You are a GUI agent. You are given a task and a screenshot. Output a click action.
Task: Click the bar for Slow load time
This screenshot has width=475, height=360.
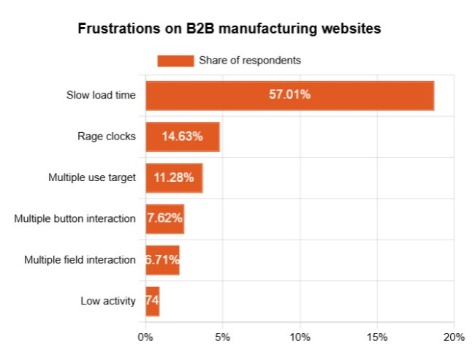tap(289, 96)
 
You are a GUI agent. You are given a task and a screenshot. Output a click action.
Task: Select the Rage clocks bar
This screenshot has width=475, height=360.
tap(182, 137)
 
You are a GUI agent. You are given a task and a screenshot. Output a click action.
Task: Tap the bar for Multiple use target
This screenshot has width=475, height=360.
tap(174, 177)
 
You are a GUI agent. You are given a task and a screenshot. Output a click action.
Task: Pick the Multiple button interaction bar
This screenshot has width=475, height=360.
tap(164, 218)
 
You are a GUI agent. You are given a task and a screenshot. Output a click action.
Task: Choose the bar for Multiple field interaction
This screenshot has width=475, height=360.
tap(162, 259)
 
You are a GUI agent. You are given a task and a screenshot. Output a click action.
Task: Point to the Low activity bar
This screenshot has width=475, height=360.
tap(152, 300)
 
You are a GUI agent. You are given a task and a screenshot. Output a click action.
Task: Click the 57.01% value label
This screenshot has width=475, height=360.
tap(289, 96)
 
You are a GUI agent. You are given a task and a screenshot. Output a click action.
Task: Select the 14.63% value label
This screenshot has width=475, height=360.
tap(182, 137)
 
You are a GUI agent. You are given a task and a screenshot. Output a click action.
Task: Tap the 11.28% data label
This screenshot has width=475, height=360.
tap(174, 177)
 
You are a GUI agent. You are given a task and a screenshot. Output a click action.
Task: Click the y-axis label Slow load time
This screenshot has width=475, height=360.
tap(101, 96)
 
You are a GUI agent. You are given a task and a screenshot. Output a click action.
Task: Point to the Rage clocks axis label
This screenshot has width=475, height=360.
tap(107, 137)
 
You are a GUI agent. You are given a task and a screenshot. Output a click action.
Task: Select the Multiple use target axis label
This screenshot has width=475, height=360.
tap(92, 177)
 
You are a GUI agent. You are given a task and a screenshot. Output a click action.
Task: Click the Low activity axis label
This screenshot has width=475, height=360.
tap(108, 300)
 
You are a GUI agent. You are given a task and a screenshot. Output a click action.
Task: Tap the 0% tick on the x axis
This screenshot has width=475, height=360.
tap(145, 337)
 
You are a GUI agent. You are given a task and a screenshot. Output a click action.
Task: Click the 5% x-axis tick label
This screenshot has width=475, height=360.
tap(223, 337)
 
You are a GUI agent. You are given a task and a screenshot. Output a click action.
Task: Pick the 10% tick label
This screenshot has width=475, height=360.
tap(300, 337)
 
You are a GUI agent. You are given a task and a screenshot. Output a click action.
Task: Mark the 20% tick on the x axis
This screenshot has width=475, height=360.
tap(454, 337)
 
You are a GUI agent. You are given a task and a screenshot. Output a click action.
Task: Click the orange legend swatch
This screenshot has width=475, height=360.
tap(175, 61)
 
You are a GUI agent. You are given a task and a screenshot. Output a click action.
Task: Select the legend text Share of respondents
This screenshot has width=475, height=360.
tap(250, 61)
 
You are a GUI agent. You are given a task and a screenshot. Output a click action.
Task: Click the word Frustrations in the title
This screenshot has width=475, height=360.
tap(114, 30)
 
